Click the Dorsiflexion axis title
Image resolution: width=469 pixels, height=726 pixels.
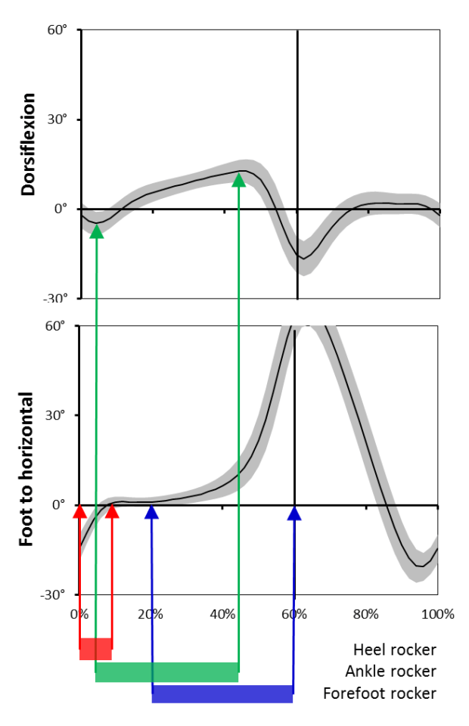click(29, 144)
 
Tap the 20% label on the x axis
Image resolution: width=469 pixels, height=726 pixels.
click(151, 613)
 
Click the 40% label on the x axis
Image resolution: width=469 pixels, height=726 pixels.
click(222, 613)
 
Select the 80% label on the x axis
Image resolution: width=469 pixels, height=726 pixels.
click(365, 613)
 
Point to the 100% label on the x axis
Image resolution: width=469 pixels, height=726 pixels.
click(436, 613)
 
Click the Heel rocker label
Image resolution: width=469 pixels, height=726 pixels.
click(394, 650)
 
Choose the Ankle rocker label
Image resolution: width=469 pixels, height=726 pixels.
click(390, 672)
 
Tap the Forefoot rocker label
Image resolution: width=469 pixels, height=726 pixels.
click(379, 693)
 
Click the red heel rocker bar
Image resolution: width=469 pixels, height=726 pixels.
click(95, 649)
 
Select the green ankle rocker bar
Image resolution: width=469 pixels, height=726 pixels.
click(166, 672)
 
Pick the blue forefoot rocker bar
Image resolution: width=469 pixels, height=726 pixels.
click(222, 693)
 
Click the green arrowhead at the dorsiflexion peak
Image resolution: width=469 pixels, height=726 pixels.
click(239, 180)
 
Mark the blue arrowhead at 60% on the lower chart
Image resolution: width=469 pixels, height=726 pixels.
click(294, 513)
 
